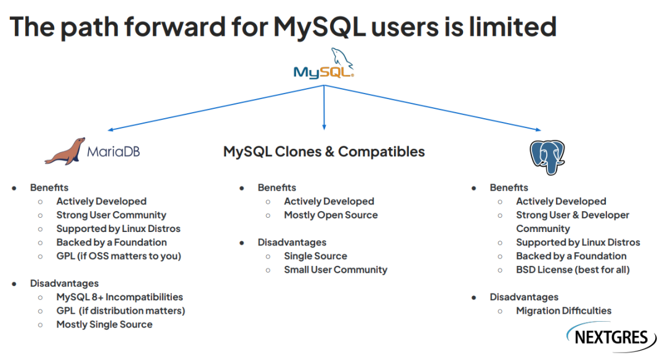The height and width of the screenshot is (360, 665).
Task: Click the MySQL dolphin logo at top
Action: tap(324, 64)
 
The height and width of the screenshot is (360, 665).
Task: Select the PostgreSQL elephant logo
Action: tap(547, 156)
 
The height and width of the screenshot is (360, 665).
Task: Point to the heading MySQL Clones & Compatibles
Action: tap(324, 151)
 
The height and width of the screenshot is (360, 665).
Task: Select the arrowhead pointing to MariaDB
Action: tap(110, 129)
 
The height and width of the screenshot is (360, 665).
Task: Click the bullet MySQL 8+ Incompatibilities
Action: tap(119, 297)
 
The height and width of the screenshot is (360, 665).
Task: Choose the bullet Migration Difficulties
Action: tap(563, 311)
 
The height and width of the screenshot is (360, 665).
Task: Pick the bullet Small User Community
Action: tap(336, 270)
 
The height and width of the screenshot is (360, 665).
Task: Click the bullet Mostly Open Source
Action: tap(331, 215)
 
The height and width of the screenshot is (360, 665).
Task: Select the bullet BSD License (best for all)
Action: tap(573, 270)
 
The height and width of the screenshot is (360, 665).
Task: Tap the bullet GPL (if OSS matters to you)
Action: tap(118, 256)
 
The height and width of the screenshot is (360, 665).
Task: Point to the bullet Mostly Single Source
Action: tap(104, 324)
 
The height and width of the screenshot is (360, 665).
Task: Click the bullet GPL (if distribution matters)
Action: tap(121, 311)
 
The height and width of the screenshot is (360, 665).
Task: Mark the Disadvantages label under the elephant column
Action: tap(524, 297)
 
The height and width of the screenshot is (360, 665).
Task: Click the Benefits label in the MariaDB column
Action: tap(49, 188)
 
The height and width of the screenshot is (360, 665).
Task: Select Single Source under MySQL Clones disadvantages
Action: tap(315, 256)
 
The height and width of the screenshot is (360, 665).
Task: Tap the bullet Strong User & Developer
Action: tap(573, 215)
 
